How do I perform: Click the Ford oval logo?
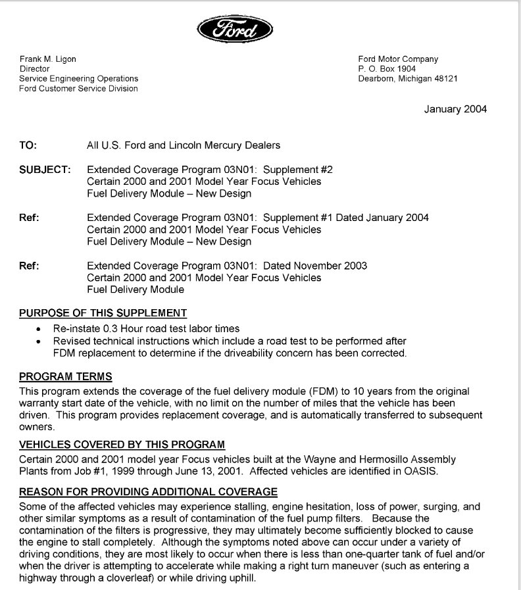(x=234, y=29)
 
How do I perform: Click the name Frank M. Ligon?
(x=47, y=59)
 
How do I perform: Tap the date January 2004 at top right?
(x=455, y=109)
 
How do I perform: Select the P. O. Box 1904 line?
(x=387, y=69)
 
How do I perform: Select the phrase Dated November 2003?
(x=315, y=266)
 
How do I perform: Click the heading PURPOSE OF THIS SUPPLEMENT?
(x=103, y=313)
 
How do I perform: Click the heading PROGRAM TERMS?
(x=66, y=377)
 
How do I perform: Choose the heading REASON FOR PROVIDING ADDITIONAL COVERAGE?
(x=148, y=492)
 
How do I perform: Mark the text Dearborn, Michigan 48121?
(x=408, y=79)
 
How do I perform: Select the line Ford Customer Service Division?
(x=79, y=89)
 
